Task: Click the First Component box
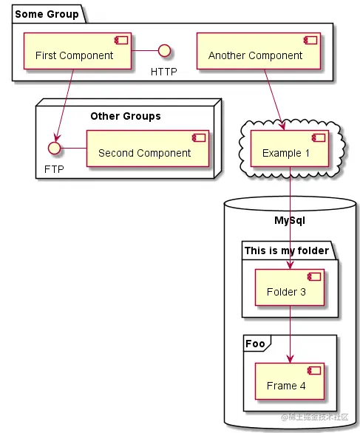click(x=78, y=51)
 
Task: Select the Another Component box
click(x=259, y=51)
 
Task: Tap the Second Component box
click(x=148, y=149)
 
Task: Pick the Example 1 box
click(x=290, y=149)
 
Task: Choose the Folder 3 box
click(x=290, y=287)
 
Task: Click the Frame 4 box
click(x=290, y=381)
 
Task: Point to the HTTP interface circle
click(x=164, y=50)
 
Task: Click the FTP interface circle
click(x=54, y=148)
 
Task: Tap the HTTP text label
click(x=164, y=72)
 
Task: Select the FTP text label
click(x=54, y=169)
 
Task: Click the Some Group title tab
click(x=47, y=14)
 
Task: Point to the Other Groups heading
click(x=126, y=116)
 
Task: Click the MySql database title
click(x=290, y=220)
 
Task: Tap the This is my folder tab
click(x=287, y=250)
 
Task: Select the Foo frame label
click(x=255, y=344)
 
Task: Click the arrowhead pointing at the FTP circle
click(x=57, y=138)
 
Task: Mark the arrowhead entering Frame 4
click(x=290, y=359)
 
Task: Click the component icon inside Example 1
click(x=319, y=137)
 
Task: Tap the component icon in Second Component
click(x=199, y=137)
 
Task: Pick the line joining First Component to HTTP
click(x=145, y=50)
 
